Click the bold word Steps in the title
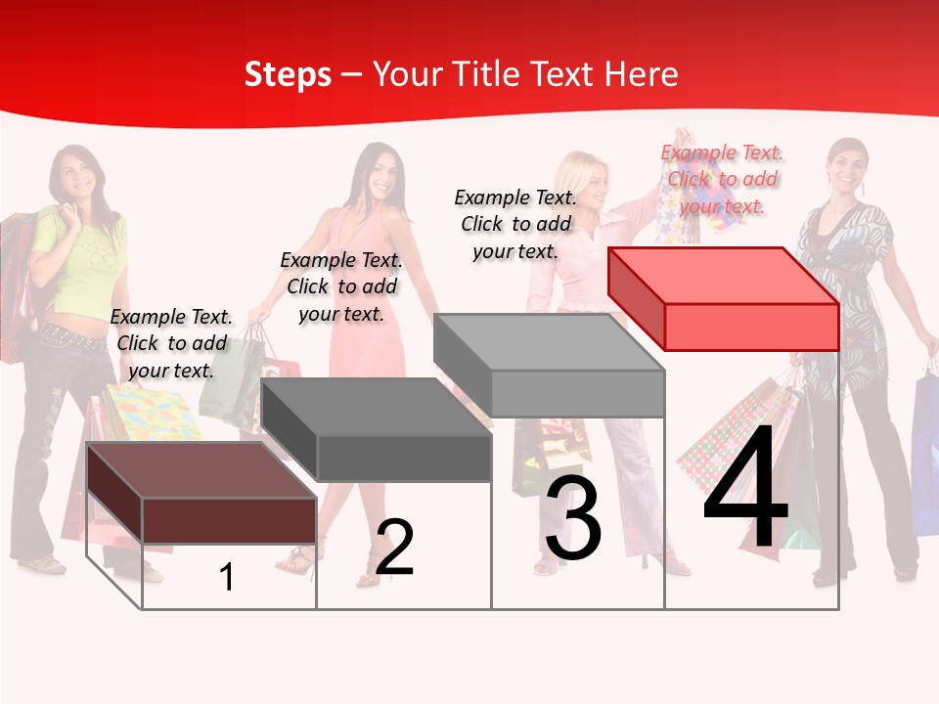288,74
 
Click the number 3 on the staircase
573,519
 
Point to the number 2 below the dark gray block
394,548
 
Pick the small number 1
227,577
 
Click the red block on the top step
724,298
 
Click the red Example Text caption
723,179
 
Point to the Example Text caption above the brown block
171,343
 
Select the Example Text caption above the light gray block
515,224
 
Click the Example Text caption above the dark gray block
341,286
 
